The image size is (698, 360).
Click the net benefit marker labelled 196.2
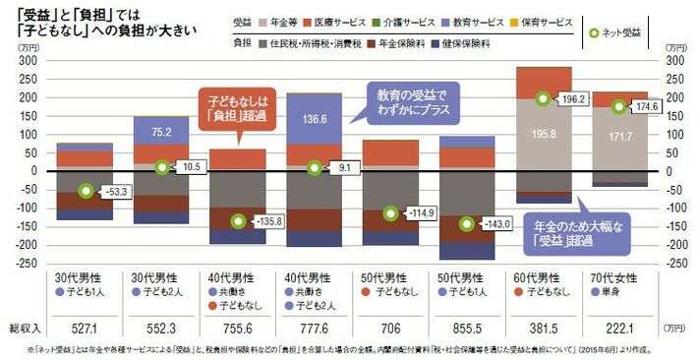coord(542,98)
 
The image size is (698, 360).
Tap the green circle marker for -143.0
coord(466,223)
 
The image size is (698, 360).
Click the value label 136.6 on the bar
coord(314,120)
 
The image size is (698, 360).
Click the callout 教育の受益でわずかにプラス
coord(411,102)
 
